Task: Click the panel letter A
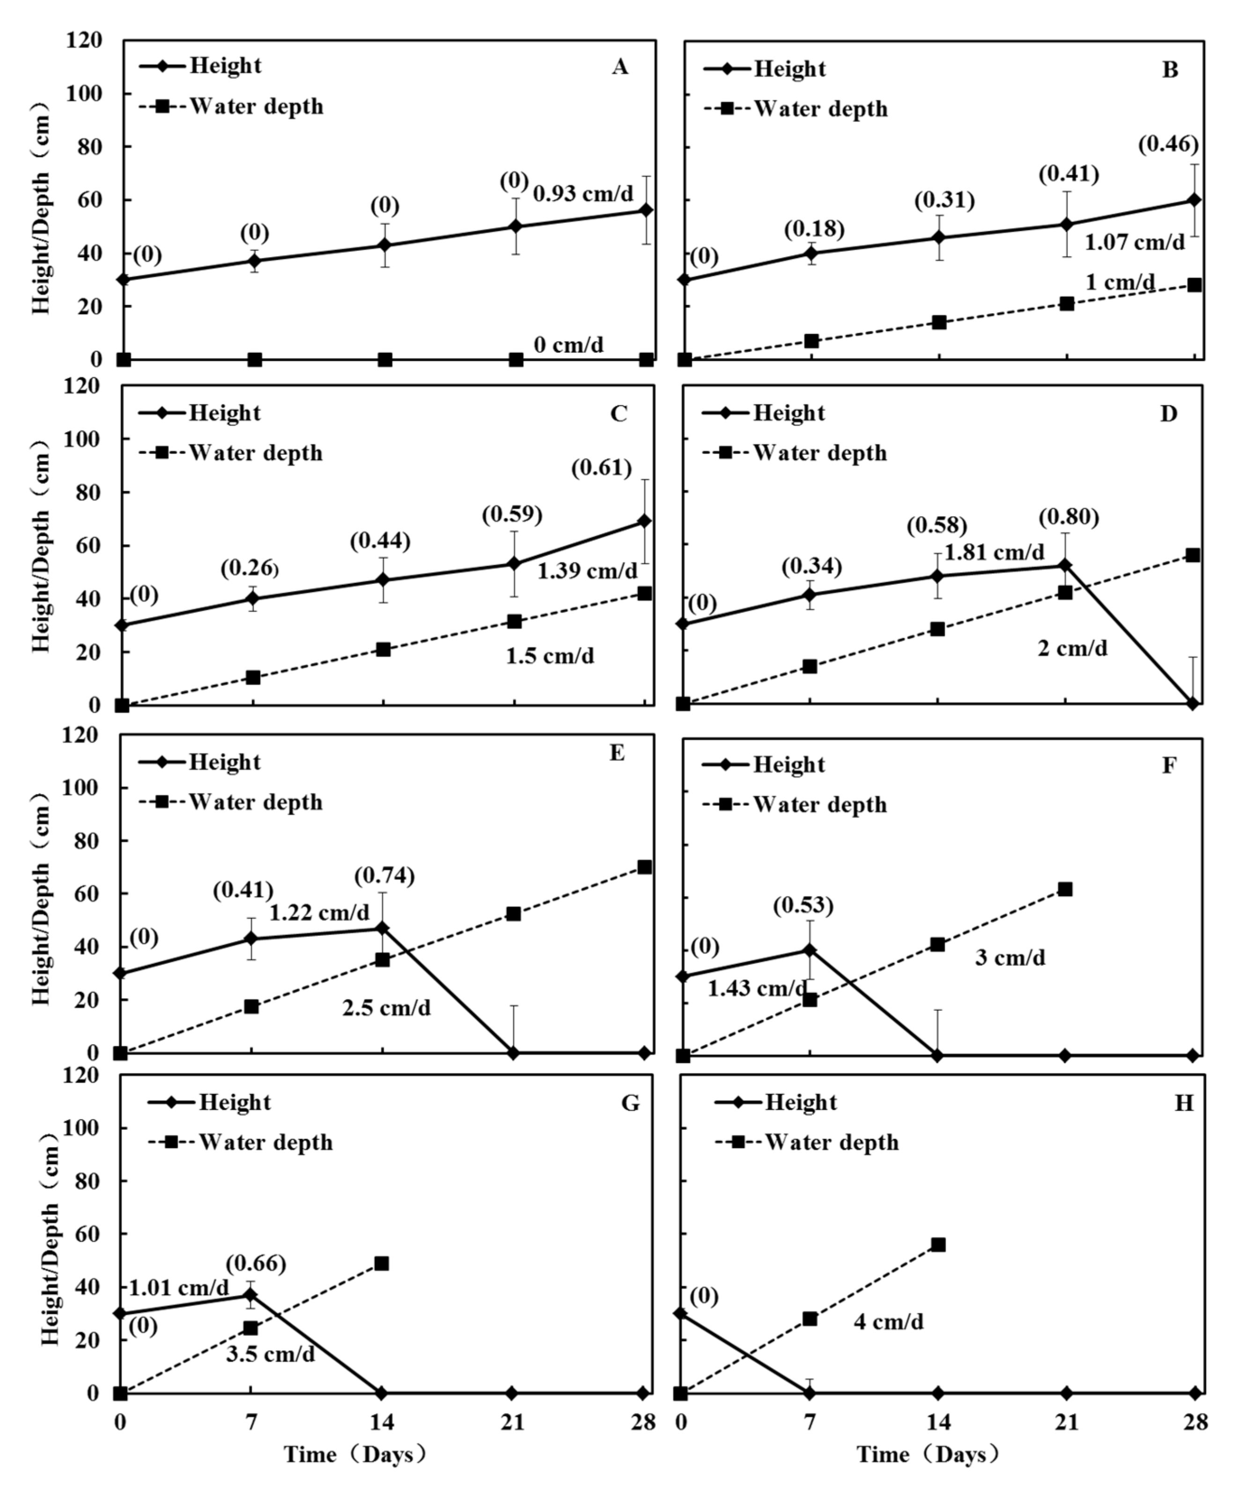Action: [620, 67]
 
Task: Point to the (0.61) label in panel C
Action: [601, 468]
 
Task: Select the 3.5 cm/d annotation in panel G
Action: [271, 1354]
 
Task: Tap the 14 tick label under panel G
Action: [382, 1422]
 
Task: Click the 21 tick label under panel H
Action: [1065, 1422]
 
